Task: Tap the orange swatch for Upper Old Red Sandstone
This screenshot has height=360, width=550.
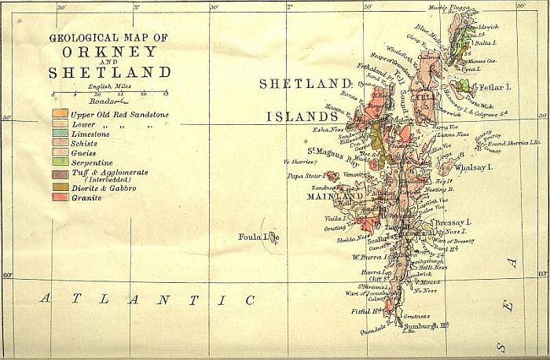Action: coord(60,115)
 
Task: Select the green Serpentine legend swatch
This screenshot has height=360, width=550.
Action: coord(60,161)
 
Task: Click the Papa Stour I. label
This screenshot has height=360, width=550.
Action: coord(306,176)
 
